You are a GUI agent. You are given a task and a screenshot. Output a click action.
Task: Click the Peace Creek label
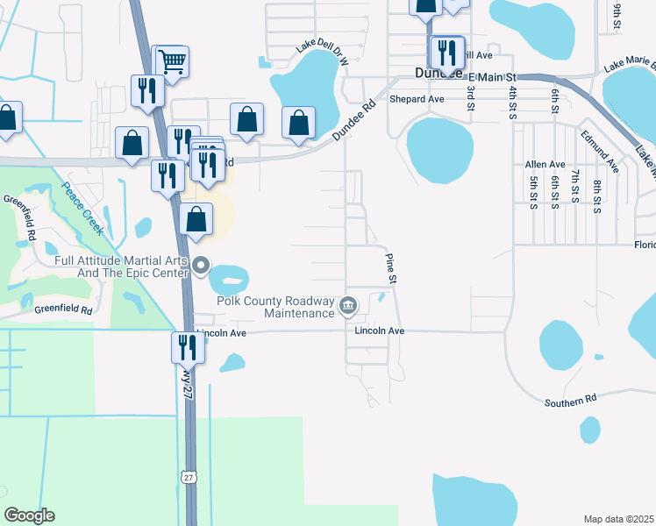point(84,209)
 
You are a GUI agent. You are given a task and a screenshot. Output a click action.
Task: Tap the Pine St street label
point(392,267)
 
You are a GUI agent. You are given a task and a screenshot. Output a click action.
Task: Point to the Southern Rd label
point(570,399)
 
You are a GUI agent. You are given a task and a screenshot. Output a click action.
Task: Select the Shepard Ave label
point(417,99)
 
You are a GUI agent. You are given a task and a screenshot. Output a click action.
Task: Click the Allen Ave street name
point(545,165)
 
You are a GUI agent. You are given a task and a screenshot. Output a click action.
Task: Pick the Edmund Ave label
point(600,151)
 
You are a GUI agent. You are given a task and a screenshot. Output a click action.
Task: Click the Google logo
point(29,515)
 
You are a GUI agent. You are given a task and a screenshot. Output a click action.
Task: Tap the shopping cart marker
point(173,61)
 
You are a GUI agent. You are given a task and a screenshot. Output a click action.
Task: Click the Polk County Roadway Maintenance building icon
point(348,305)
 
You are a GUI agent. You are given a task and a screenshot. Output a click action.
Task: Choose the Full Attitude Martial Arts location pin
point(202,264)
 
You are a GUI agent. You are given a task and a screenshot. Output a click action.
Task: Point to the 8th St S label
point(596,196)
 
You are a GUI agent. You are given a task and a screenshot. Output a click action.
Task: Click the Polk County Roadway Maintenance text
point(275,306)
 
